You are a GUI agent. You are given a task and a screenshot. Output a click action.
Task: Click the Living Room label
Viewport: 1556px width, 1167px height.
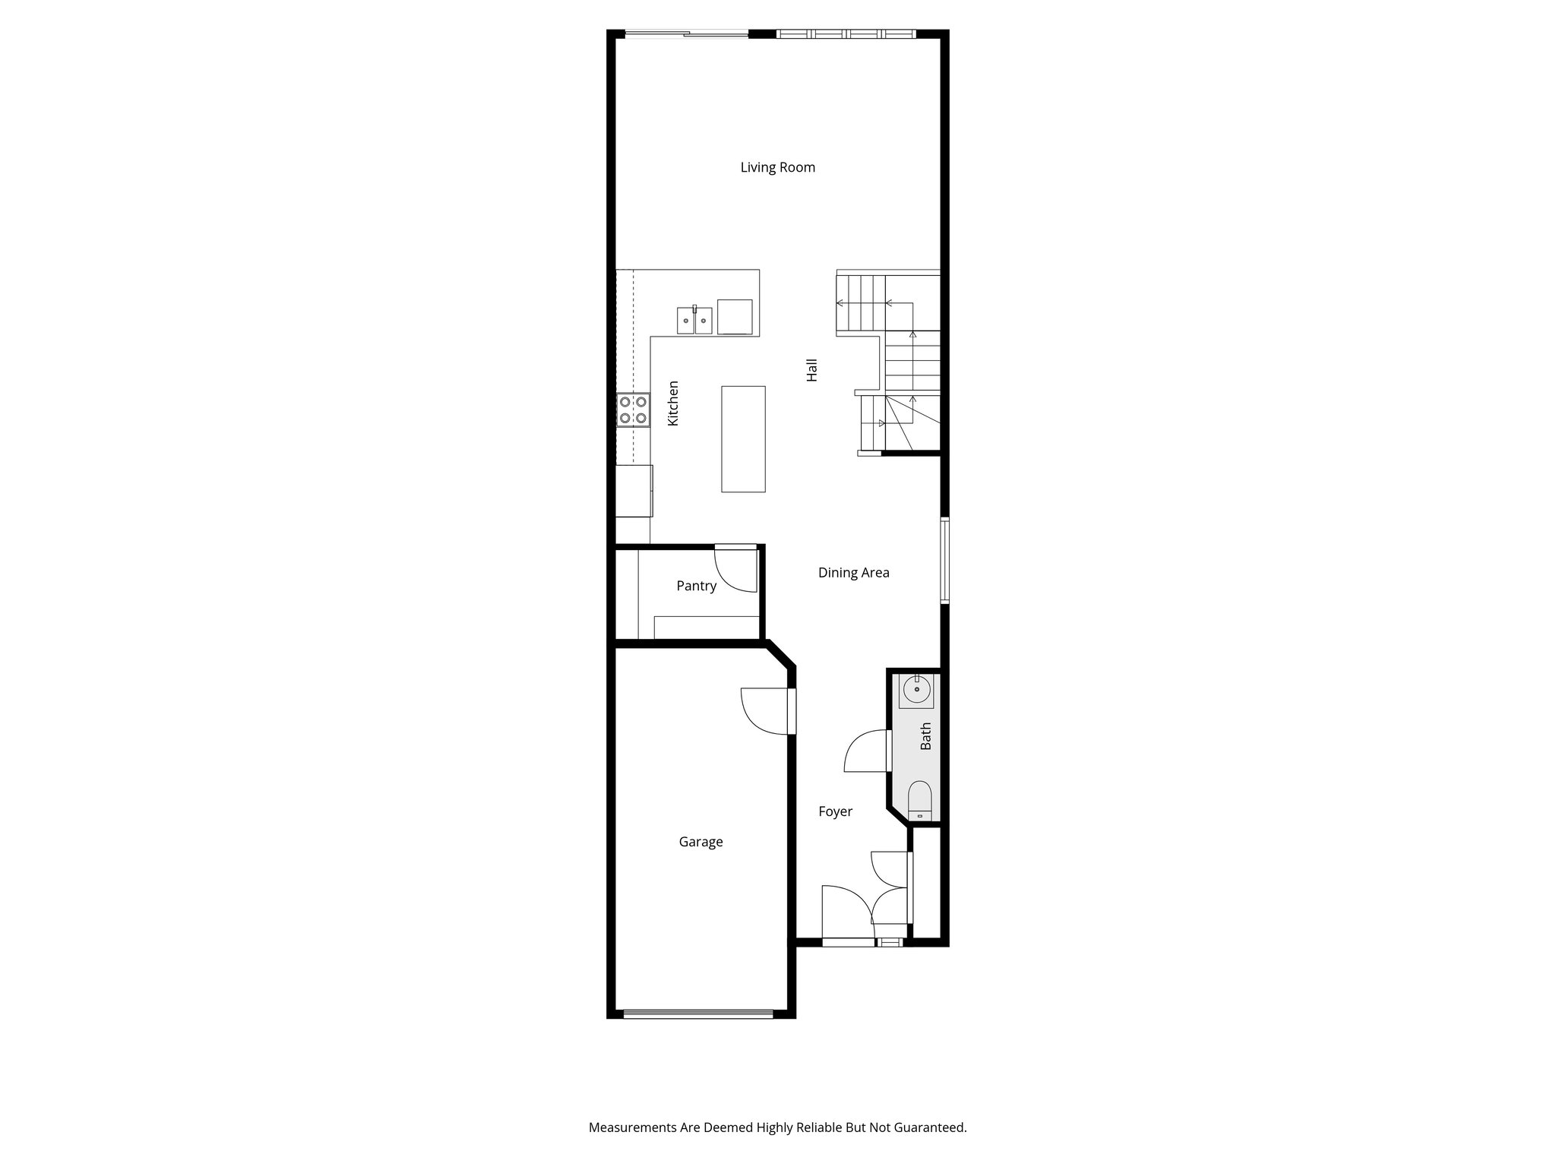pos(777,167)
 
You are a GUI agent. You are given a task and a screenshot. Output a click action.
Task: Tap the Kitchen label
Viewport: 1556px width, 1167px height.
pos(673,403)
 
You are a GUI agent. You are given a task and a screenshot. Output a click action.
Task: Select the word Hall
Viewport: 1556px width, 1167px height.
pos(812,370)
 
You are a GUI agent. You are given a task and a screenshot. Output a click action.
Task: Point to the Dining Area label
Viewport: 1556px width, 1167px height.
pos(853,573)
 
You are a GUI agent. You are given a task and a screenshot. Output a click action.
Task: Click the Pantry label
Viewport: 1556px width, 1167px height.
pos(696,586)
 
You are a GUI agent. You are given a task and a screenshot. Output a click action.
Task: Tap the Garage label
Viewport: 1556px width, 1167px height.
pos(701,842)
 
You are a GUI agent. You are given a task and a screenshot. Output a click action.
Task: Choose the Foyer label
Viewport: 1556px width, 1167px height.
pos(835,811)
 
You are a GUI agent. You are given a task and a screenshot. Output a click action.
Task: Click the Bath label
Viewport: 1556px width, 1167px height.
pos(925,736)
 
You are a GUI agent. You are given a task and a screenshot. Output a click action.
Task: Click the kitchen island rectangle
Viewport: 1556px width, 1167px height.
pos(743,438)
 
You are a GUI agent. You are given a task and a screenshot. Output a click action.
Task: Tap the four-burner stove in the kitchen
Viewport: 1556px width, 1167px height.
pos(634,409)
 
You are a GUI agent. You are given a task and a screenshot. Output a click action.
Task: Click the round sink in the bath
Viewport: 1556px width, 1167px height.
pos(917,690)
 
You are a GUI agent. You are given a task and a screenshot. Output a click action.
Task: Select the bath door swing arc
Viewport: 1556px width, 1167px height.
pos(862,754)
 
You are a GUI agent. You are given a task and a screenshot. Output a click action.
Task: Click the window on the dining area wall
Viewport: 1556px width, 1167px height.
pos(945,560)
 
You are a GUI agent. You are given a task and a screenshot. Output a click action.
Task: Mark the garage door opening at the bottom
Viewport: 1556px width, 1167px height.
pos(697,1013)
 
